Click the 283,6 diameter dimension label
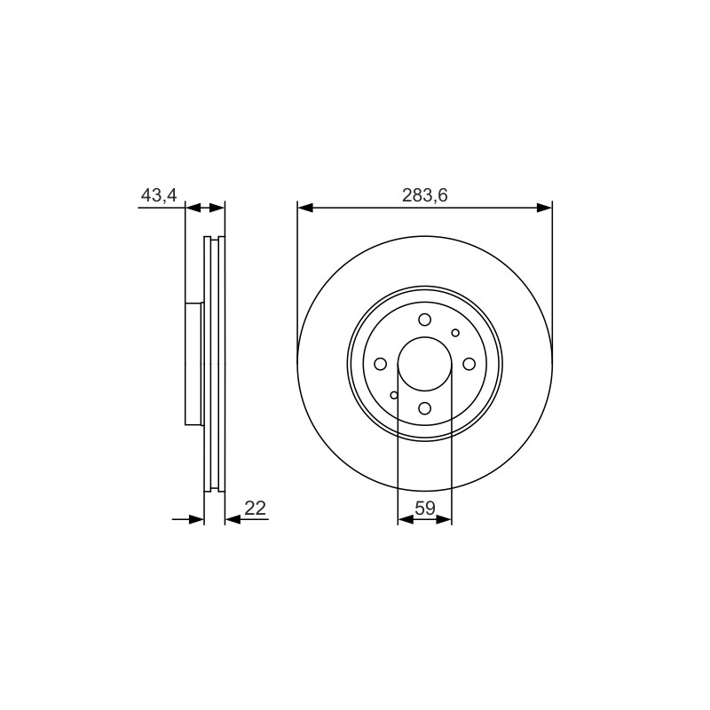click(425, 195)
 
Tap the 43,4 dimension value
click(159, 195)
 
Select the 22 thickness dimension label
click(255, 508)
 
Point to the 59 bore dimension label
click(425, 508)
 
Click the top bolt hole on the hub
click(425, 319)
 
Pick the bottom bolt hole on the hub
click(425, 408)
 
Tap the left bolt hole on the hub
click(381, 364)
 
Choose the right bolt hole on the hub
click(469, 364)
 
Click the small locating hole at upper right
click(455, 333)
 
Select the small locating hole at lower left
click(394, 395)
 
